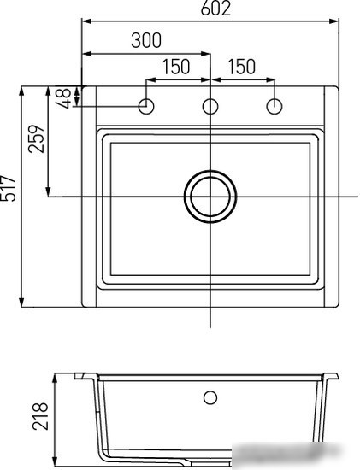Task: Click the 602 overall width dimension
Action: (x=215, y=9)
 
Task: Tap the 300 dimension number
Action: (x=146, y=40)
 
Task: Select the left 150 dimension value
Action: (x=176, y=67)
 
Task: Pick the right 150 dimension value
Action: (x=242, y=67)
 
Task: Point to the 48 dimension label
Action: (x=64, y=97)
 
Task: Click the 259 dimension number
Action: (x=36, y=138)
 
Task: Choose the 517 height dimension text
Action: (x=8, y=188)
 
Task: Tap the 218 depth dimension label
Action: (x=40, y=417)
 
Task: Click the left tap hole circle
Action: (x=146, y=107)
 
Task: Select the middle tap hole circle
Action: (x=210, y=107)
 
